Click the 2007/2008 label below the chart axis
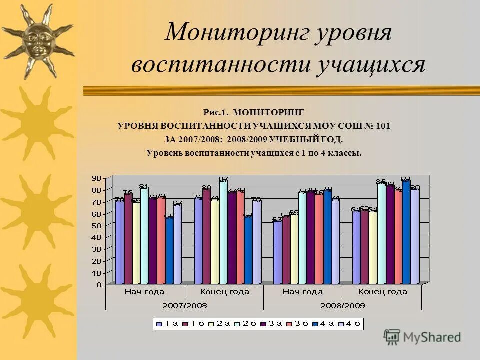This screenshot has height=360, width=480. click(185, 305)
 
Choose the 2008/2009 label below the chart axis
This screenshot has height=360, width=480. click(342, 305)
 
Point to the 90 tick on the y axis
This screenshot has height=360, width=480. click(96, 178)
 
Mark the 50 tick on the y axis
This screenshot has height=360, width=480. click(96, 225)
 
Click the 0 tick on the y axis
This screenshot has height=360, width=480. click(99, 284)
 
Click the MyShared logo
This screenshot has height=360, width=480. click(422, 337)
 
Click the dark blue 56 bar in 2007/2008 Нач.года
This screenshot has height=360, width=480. click(169, 250)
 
